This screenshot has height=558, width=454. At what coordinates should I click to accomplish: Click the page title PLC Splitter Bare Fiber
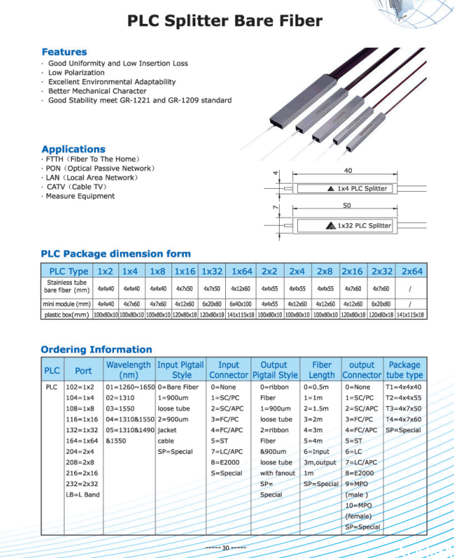coord(224,20)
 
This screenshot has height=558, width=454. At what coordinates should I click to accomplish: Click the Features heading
coord(64,52)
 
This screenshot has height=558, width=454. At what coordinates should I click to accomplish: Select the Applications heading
coord(73,149)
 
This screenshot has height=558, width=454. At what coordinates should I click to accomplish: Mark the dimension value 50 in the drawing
coord(346,206)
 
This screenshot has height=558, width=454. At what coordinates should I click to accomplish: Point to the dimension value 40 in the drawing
coord(347,170)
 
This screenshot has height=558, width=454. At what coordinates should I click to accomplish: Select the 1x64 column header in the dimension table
coord(242,271)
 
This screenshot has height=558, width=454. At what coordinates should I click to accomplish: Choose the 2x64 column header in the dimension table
coord(412,271)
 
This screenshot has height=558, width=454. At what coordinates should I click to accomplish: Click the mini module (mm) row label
coord(67,304)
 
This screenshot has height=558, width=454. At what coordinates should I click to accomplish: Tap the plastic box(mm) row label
coord(67,315)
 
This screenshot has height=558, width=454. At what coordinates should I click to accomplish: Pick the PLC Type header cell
coord(68,271)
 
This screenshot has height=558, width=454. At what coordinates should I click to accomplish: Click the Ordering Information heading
coord(96,349)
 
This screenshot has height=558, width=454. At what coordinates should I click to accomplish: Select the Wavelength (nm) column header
coord(129,370)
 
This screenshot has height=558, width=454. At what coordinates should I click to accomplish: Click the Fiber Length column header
coord(322,370)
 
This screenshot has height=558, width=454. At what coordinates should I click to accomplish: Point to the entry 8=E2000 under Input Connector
coord(226,461)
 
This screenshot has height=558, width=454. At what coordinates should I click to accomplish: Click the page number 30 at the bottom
coord(225,548)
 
